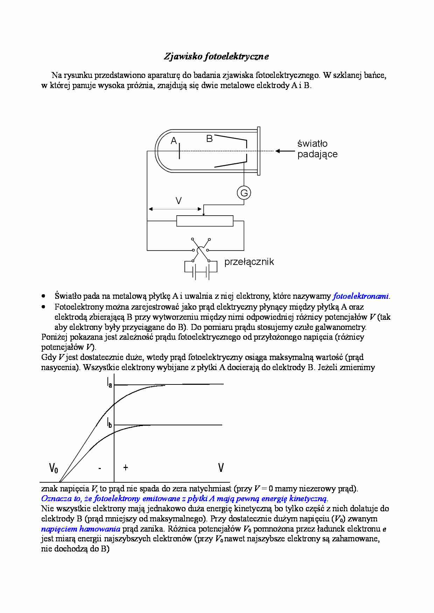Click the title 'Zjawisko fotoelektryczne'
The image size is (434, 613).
216,57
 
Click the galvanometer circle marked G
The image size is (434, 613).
244,193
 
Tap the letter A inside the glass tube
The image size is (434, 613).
174,140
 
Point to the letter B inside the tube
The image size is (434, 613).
210,139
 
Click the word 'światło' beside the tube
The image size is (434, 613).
313,143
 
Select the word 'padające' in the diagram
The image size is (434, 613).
317,154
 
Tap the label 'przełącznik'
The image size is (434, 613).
249,262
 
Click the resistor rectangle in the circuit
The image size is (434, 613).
205,221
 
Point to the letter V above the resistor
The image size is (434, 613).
178,201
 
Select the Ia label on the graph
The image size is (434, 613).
110,382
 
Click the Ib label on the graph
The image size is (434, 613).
110,423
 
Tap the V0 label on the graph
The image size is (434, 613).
54,468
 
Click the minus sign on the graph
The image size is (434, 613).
100,468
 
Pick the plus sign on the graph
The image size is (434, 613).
126,467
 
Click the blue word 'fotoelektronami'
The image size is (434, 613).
361,296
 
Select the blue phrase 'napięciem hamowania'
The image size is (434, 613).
81,529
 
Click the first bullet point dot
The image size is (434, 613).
43,296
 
